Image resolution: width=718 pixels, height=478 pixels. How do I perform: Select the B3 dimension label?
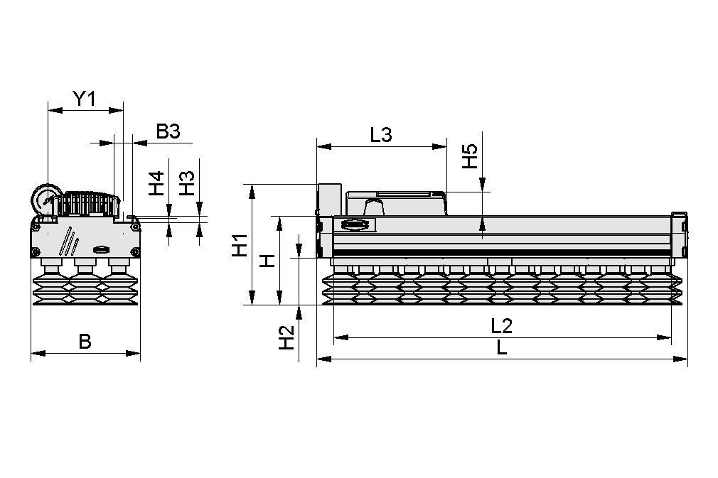[x=168, y=131]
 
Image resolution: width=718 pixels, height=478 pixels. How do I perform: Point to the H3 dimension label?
[x=186, y=184]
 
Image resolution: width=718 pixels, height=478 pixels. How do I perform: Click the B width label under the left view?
[x=85, y=342]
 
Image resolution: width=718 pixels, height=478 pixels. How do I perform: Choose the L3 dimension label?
[x=381, y=135]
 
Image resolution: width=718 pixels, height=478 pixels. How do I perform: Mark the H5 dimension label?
[x=469, y=157]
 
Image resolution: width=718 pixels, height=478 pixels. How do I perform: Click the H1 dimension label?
[x=240, y=245]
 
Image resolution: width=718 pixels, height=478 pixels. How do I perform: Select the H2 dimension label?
[x=286, y=337]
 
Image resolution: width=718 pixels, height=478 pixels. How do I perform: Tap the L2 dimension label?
[x=502, y=326]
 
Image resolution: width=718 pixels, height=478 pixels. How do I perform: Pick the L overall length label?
[x=502, y=348]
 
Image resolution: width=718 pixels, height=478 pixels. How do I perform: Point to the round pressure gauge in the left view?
[x=45, y=199]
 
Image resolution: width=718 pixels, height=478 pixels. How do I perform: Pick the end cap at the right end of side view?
[x=680, y=234]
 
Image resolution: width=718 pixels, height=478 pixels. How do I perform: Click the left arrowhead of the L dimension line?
[x=321, y=359]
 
